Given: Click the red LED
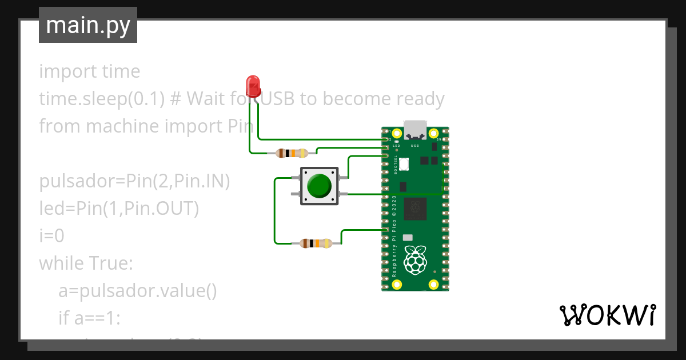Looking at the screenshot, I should [x=253, y=85].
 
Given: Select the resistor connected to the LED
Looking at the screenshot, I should [x=292, y=153].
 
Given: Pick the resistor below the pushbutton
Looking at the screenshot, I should [x=316, y=243].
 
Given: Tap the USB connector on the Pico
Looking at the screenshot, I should [x=416, y=131].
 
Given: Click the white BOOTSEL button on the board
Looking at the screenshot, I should [x=404, y=164].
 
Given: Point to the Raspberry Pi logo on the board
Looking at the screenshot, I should [x=416, y=260].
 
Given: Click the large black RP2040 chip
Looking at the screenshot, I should [x=416, y=208].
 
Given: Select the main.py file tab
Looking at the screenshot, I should [x=88, y=25].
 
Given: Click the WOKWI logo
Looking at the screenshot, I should [x=607, y=315].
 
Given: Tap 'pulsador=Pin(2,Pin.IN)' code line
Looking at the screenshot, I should [x=134, y=182].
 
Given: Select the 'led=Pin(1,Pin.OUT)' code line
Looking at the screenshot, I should [x=119, y=209].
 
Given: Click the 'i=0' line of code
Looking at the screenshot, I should [x=51, y=235].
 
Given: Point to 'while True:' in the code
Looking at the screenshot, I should [x=86, y=263].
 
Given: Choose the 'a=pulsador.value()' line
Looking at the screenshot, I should [x=137, y=291].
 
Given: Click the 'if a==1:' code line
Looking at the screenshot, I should [x=89, y=318].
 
